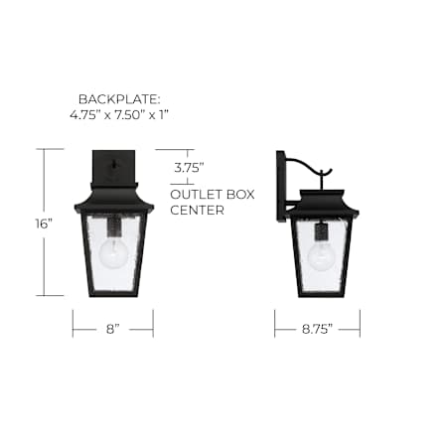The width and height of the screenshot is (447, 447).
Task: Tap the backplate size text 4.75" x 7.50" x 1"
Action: pos(119,115)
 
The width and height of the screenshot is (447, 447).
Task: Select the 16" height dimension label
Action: pos(44,223)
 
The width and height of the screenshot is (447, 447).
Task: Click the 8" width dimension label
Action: pos(112,329)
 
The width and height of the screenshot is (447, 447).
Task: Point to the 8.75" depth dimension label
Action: pos(317,329)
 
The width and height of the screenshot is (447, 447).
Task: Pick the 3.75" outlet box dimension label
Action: pos(189,168)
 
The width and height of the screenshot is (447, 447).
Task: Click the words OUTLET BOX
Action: pos(213,195)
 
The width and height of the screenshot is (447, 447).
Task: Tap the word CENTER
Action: pos(197,210)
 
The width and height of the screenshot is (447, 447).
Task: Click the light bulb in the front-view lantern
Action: pos(112,252)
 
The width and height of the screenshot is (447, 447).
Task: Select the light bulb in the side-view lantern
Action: pos(320,257)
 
